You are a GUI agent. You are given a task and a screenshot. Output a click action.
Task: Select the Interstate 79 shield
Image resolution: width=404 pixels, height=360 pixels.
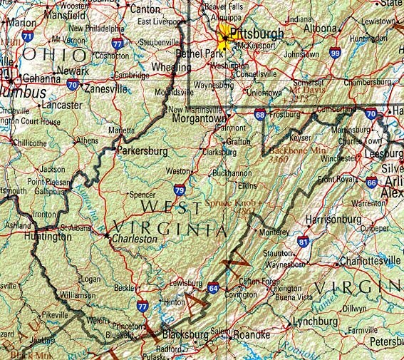[x=180, y=190]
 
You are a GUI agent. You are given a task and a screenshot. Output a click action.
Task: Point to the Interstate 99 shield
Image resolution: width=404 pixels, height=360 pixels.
[x=335, y=52]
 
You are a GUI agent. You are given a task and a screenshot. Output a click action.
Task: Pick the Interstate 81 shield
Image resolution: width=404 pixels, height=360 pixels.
[x=304, y=243]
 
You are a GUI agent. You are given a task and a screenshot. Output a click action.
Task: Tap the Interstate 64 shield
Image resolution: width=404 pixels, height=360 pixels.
[x=214, y=288]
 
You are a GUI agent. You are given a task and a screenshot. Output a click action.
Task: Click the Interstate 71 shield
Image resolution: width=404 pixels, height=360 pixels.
[x=27, y=35]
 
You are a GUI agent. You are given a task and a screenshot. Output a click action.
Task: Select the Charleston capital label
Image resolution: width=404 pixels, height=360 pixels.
[x=133, y=240]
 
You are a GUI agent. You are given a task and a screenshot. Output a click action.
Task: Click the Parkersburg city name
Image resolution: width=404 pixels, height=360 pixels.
[x=143, y=152]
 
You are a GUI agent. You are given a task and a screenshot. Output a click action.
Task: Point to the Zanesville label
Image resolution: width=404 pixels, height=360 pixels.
[x=105, y=89]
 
